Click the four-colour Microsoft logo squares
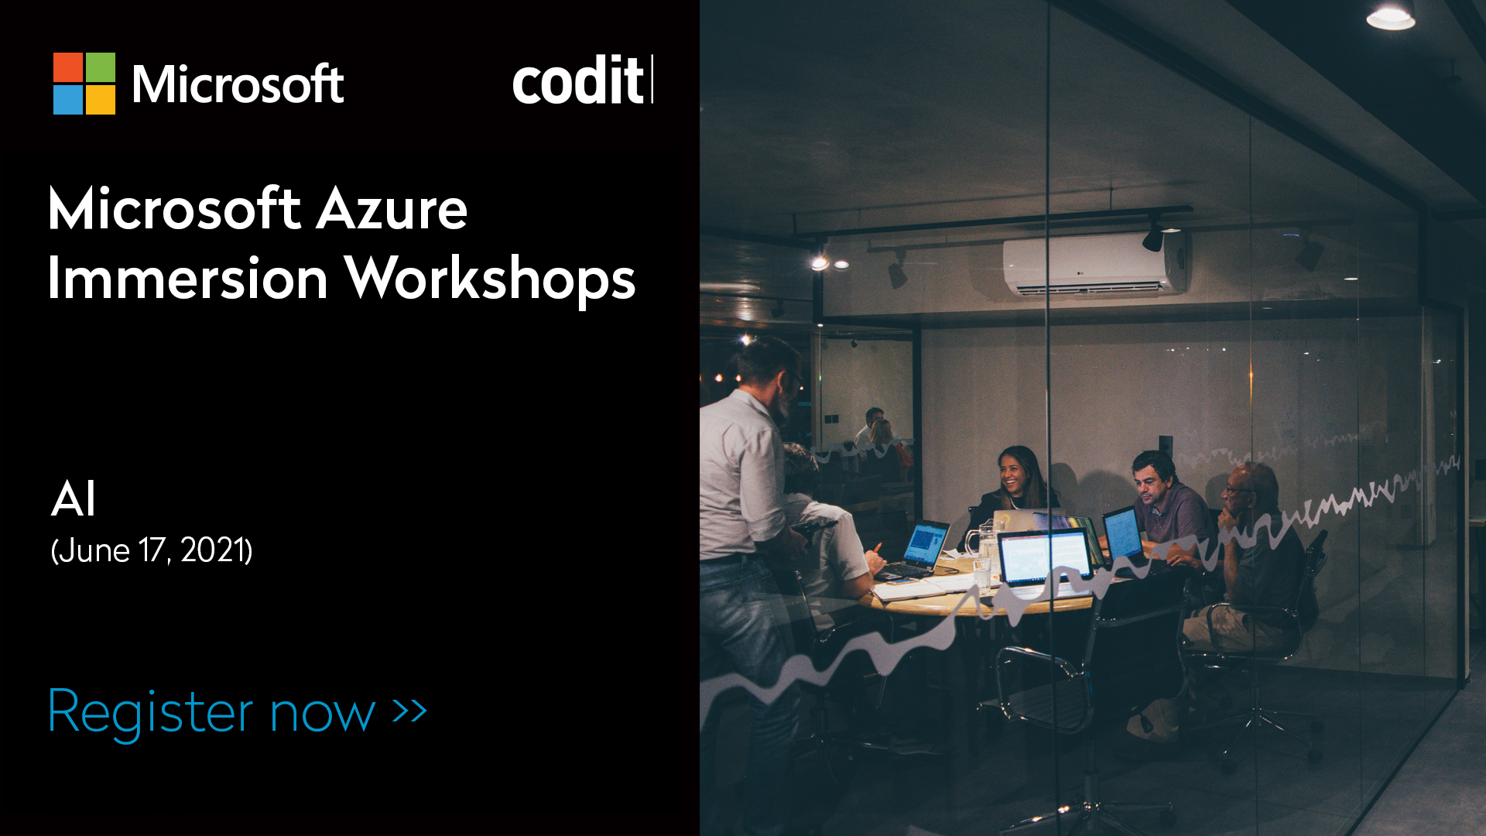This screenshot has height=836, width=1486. [84, 84]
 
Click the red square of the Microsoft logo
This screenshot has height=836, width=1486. [68, 67]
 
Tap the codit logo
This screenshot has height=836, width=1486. [581, 81]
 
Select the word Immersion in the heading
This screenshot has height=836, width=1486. [188, 279]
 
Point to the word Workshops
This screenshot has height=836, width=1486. [490, 279]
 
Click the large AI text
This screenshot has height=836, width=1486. [74, 499]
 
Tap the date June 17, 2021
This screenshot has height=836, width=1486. [152, 550]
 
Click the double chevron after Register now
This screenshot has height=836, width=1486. [409, 710]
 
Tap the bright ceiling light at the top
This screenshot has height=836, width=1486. [1391, 17]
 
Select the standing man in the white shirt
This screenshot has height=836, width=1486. [747, 495]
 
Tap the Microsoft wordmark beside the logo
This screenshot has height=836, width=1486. [238, 84]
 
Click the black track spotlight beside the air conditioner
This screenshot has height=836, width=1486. [1153, 238]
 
